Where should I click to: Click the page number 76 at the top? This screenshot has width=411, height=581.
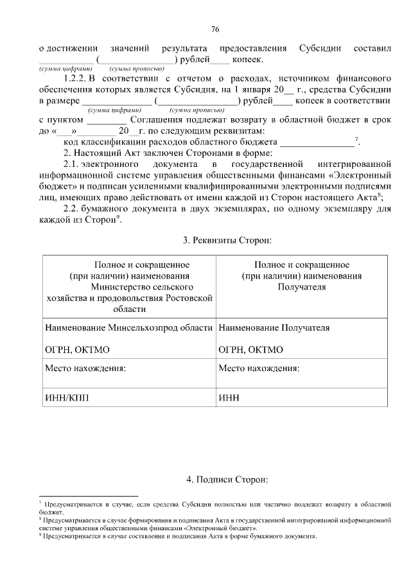coord(215,29)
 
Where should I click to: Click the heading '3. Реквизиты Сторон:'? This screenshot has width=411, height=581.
coord(228,240)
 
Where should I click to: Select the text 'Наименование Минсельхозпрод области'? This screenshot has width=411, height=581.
coord(128,327)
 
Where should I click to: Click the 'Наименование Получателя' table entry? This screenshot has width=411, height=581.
coord(274,327)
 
